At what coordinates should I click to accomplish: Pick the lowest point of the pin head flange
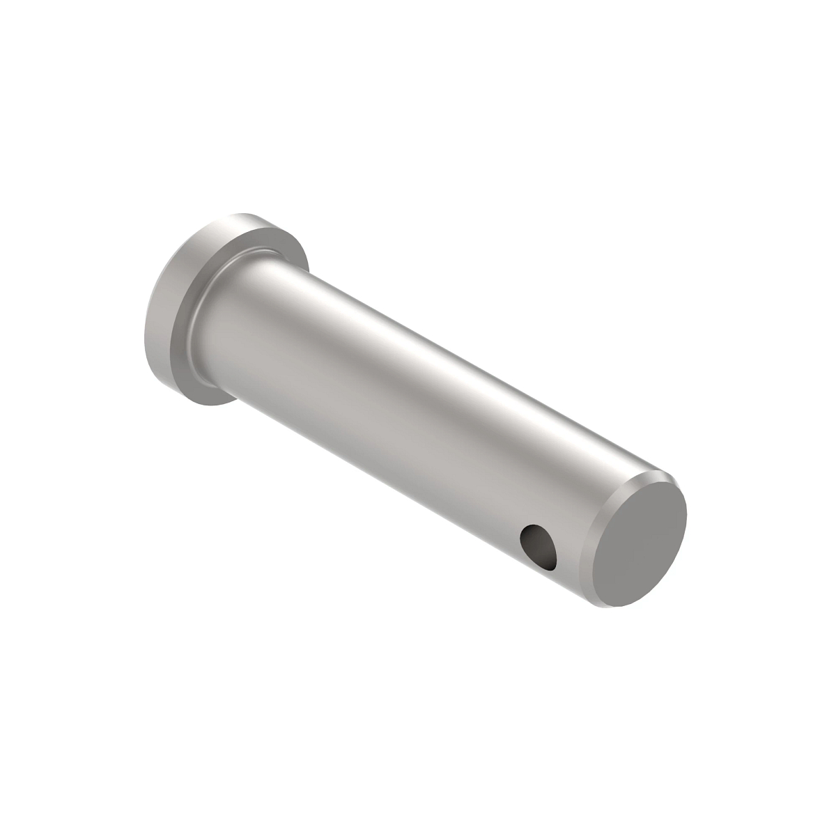(x=209, y=405)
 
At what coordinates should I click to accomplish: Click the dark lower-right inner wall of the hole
(x=547, y=554)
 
